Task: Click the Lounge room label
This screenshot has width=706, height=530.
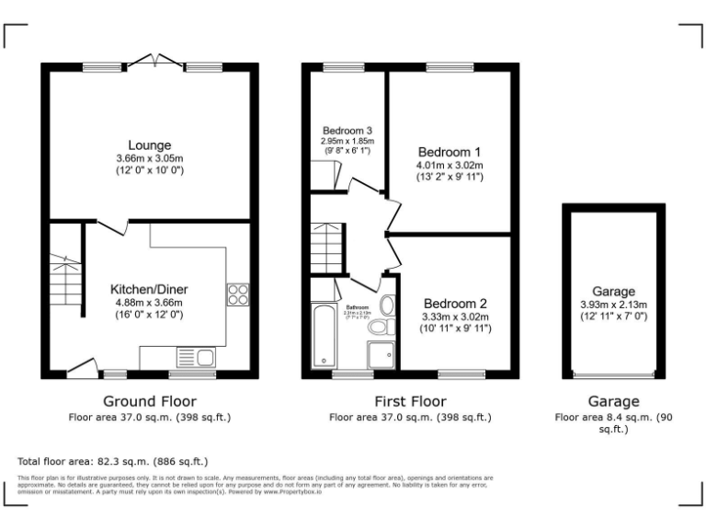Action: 150,144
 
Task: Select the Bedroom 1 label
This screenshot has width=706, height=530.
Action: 450,152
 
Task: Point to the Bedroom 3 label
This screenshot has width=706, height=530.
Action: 347,130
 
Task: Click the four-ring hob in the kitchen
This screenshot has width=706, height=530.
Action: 238,294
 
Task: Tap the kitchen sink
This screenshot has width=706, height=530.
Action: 194,357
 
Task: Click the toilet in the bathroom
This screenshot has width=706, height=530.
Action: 378,328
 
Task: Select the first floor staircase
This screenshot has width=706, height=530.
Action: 328,247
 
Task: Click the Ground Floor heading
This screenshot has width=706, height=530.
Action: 149,401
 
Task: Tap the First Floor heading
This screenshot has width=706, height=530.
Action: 410,401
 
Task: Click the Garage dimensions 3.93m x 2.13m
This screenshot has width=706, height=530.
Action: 614,305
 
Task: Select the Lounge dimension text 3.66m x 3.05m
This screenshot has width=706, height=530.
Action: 150,158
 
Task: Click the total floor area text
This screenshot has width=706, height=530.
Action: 113,461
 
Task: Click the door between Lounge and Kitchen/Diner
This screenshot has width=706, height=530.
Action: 111,225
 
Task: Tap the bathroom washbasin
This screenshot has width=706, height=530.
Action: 388,305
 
